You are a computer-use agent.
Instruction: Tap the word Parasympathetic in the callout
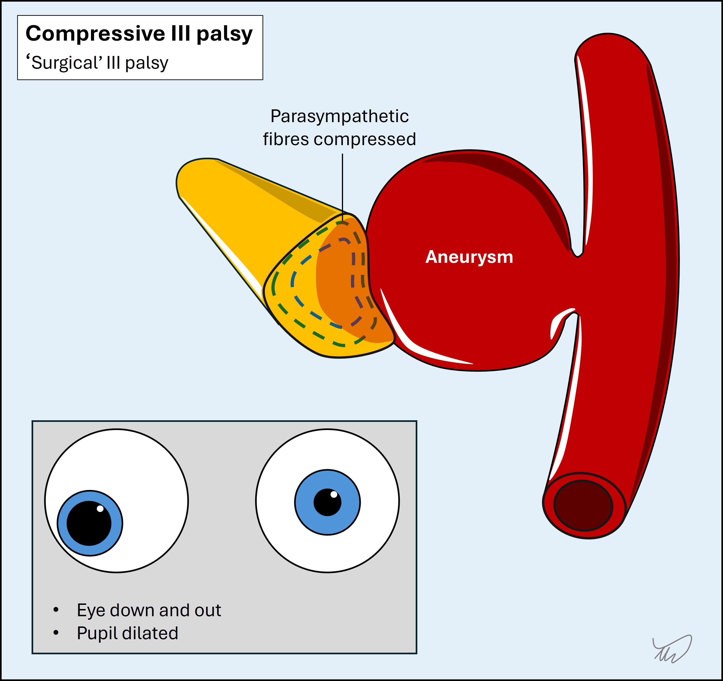click(x=339, y=116)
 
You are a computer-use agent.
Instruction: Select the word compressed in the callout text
click(x=365, y=139)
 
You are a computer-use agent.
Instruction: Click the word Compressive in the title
click(x=95, y=34)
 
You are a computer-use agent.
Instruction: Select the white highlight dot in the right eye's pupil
click(x=334, y=494)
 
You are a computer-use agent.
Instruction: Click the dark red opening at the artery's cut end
click(x=583, y=506)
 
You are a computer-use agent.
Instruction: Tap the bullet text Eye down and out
click(x=148, y=610)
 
